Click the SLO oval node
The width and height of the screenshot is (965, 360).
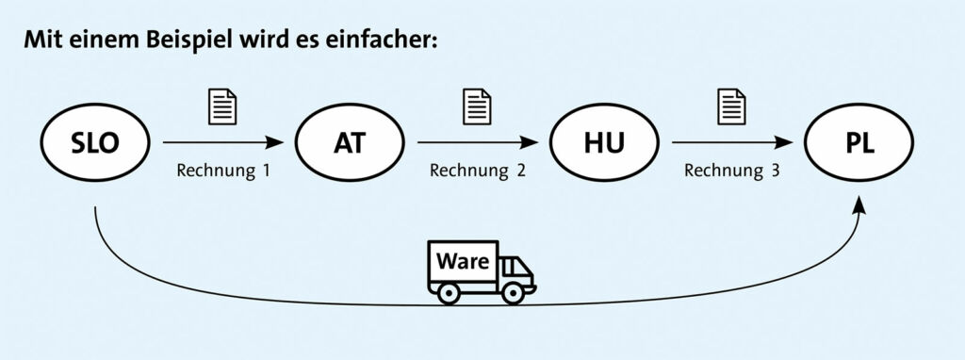(95, 142)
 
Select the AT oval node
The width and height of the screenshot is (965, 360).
(350, 142)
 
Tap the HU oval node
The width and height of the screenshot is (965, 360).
(604, 142)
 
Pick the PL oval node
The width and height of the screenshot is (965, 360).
(859, 142)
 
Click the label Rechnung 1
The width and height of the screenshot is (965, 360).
(222, 171)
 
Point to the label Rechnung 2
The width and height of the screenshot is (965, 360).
(478, 171)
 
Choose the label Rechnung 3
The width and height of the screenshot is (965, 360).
(731, 171)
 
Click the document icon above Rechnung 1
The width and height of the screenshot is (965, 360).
(222, 107)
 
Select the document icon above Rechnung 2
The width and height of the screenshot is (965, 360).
(477, 107)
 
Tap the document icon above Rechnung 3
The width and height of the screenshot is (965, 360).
(731, 107)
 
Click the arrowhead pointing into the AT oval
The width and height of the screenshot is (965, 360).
(275, 142)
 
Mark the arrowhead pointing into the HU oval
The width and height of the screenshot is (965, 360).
(530, 142)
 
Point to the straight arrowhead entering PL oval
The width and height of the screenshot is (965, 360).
(785, 142)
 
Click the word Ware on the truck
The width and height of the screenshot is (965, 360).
(463, 261)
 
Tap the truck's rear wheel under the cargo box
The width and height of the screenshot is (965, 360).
(449, 293)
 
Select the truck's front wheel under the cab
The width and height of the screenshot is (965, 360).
(512, 293)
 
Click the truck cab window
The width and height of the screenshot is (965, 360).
(512, 267)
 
